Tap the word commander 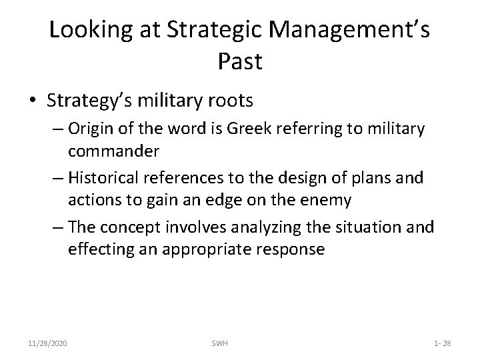(x=113, y=151)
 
